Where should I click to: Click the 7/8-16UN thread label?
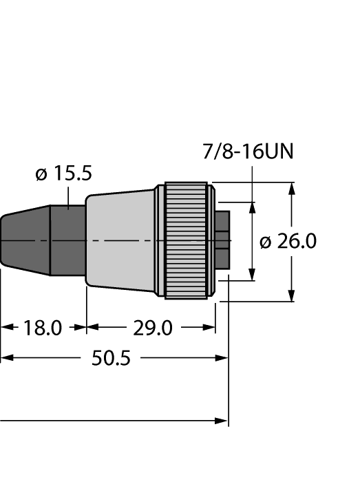coord(249,151)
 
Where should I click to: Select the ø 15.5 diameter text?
coord(63,174)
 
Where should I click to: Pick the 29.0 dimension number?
coord(152,328)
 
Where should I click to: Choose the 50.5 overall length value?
coord(111,358)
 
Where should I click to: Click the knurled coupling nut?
coord(186,241)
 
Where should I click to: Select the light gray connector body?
coord(120,241)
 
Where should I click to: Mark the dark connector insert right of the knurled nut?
coord(222,241)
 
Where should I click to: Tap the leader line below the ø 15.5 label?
coord(70,196)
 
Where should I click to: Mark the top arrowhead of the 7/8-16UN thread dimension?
coord(253,209)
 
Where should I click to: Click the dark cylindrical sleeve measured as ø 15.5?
coord(68,241)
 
